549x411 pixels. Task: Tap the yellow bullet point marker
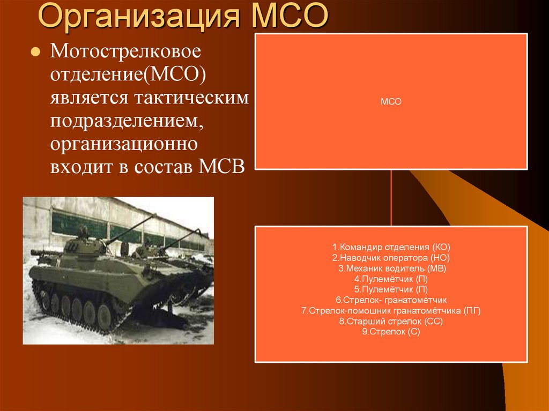pos(36,54)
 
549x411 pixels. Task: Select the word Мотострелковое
pos(125,53)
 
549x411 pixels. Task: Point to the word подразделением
pos(127,121)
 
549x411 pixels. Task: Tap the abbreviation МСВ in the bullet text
pos(222,167)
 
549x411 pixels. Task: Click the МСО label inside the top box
pos(391,101)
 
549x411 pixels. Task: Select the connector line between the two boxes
pos(391,198)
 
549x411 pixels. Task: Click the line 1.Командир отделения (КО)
pos(391,247)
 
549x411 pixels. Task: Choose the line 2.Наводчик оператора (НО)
pos(391,258)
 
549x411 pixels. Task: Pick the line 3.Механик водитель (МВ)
pos(391,268)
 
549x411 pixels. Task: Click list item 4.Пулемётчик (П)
pos(391,279)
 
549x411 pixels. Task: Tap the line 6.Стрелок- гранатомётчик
pos(391,300)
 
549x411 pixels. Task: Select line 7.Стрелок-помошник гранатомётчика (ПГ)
pos(391,310)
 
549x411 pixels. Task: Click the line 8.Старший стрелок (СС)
pos(391,321)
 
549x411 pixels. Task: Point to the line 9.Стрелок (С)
pos(391,332)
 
